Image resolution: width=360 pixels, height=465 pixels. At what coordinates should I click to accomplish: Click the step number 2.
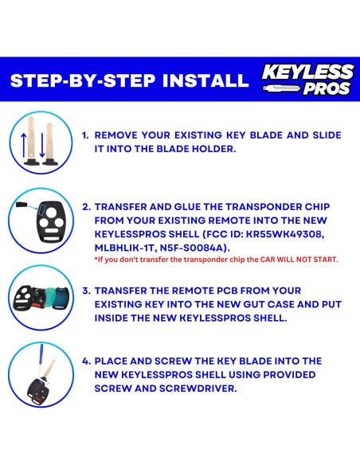[x=86, y=206]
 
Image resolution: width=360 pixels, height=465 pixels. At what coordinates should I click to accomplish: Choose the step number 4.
[x=86, y=361]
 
